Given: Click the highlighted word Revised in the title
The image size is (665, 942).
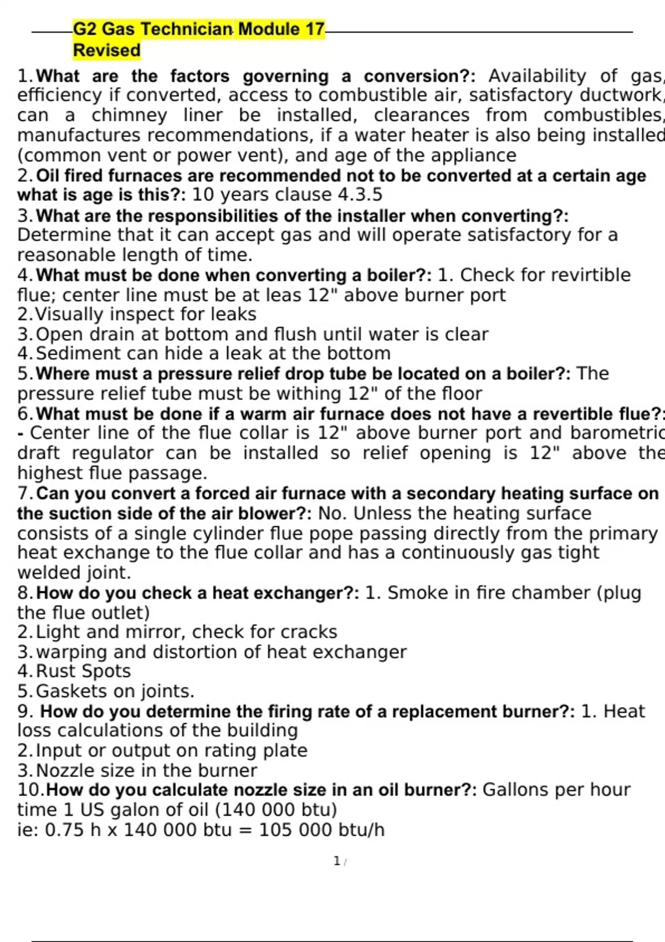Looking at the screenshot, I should point(106,50).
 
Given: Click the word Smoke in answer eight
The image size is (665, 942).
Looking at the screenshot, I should point(418,593).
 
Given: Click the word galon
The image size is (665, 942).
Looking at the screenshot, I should point(133,810).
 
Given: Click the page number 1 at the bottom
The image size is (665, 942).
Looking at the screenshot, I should point(336,861).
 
